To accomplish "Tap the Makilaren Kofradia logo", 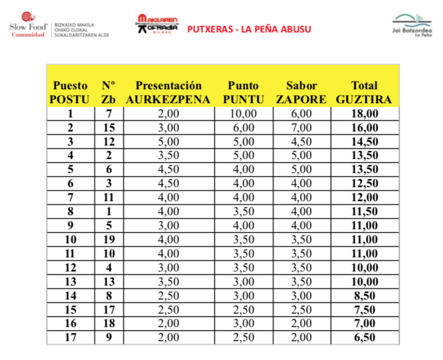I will (x=157, y=26).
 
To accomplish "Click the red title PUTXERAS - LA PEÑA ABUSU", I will (x=248, y=29).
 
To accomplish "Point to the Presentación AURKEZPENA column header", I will (x=168, y=92).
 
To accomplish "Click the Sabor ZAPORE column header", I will (x=302, y=92).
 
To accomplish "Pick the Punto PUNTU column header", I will (x=243, y=92).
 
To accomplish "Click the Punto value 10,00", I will (x=243, y=114).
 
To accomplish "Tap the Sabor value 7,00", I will (x=302, y=128).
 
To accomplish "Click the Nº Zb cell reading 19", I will (x=109, y=238).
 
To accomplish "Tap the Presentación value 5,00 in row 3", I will (x=168, y=142).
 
